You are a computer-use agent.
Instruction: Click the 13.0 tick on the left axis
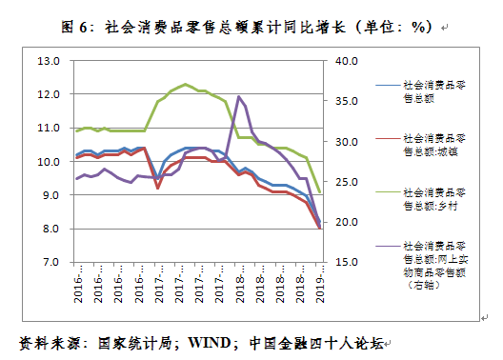tap(48, 62)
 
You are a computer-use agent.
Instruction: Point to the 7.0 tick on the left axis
tap(50, 262)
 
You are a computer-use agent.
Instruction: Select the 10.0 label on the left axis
tap(48, 162)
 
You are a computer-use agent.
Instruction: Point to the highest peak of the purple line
tap(238, 96)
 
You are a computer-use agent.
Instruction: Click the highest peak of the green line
tap(185, 84)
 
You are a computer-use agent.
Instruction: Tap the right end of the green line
tap(320, 193)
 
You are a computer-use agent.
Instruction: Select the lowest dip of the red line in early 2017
tap(157, 189)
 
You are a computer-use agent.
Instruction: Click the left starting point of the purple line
tap(76, 178)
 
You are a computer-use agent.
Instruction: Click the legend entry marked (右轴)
tap(433, 263)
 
